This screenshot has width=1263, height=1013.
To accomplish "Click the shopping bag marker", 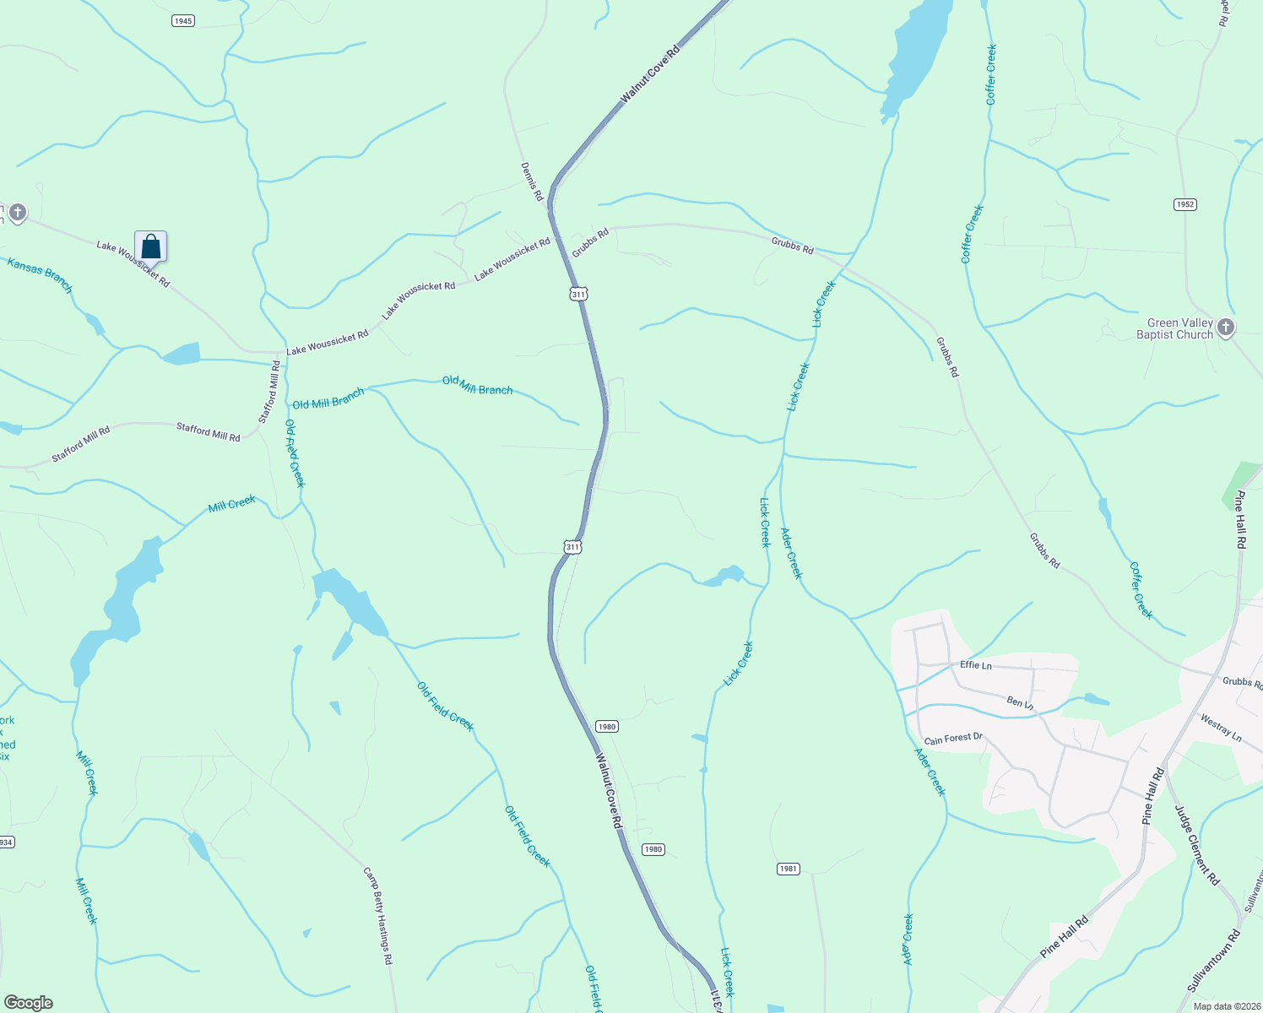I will (151, 246).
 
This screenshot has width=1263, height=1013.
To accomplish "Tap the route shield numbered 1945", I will (183, 20).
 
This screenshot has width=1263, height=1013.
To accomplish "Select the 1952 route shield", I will (1185, 204).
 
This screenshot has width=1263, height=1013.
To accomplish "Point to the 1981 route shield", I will (788, 869).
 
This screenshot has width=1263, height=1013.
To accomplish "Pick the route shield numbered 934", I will (6, 842).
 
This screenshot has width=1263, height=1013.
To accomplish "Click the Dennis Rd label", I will (531, 181).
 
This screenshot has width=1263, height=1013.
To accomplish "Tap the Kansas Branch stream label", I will (41, 276).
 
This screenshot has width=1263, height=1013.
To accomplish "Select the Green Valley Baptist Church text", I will (1174, 328).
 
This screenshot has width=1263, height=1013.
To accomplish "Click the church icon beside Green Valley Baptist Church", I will (1226, 327).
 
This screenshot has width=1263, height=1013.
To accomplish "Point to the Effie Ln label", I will (976, 665).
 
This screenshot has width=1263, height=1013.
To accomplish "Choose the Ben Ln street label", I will (1020, 702).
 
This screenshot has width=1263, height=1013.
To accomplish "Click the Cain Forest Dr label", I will (953, 739).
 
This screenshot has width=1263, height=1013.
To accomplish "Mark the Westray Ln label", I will (1221, 729).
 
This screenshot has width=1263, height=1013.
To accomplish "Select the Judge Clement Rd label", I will (1197, 845).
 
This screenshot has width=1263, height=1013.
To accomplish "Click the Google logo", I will (28, 1002).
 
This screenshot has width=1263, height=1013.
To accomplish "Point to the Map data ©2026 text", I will (1226, 1006).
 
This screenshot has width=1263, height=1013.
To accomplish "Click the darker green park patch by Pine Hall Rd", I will (1240, 483).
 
